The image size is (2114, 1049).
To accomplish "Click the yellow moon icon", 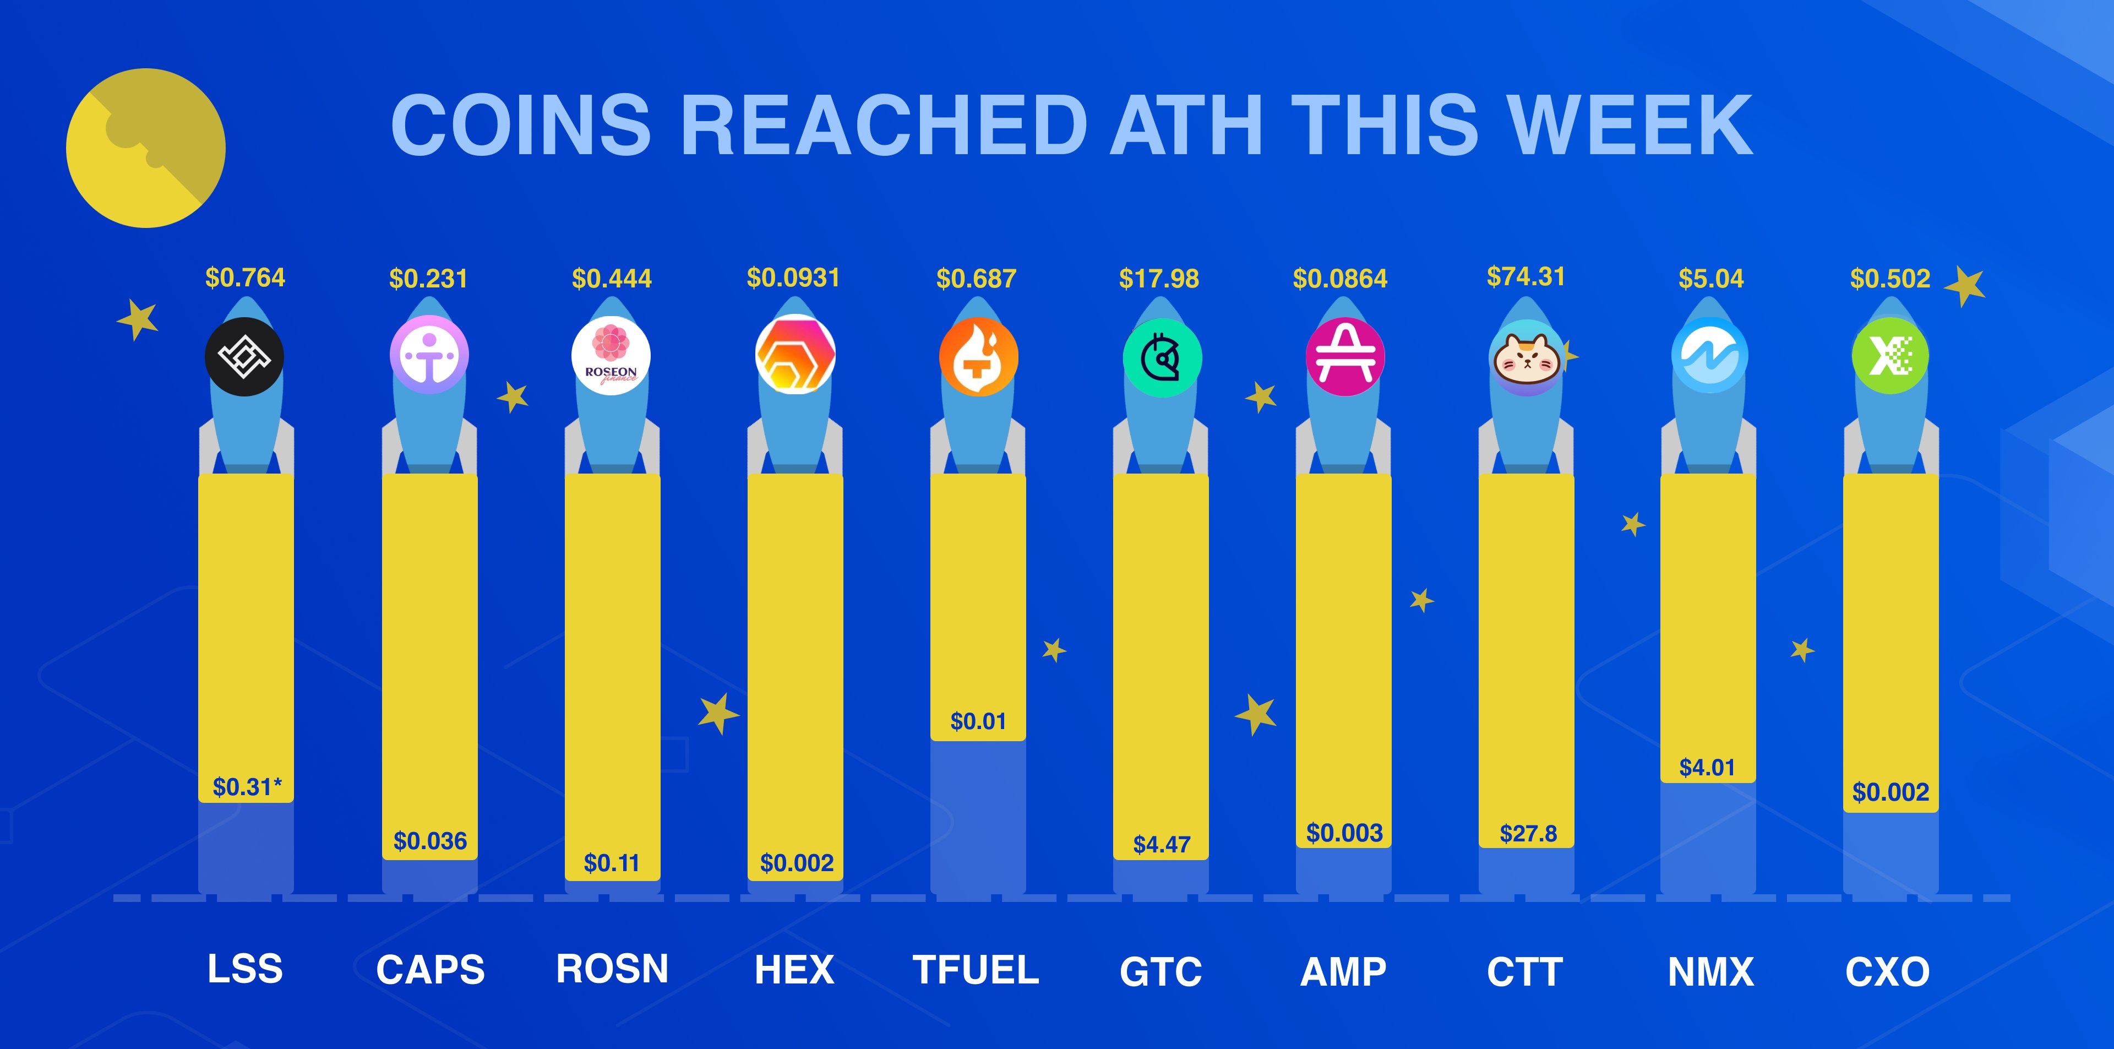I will click(x=145, y=148).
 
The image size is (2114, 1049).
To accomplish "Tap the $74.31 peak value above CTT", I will click(x=1525, y=276).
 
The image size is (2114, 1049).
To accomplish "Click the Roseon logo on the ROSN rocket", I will click(x=611, y=355).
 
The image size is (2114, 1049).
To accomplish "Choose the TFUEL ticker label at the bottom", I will click(x=976, y=969).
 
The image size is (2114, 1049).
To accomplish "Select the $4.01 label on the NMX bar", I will click(x=1707, y=768).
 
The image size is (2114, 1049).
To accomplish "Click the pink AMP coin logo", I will click(x=1344, y=356).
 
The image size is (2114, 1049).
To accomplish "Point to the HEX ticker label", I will click(x=793, y=969).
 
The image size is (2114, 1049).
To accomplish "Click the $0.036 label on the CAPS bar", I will click(x=430, y=840).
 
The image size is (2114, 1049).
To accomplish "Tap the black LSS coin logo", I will click(x=244, y=356).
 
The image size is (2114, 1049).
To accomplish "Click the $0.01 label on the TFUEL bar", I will click(x=977, y=721).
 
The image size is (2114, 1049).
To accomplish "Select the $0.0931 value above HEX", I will click(x=793, y=278).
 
